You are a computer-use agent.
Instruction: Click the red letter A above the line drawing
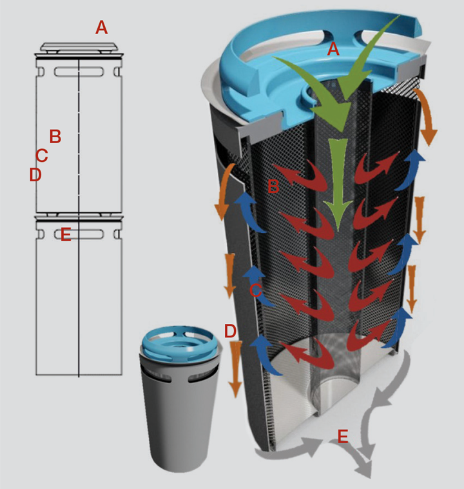[x=102, y=28]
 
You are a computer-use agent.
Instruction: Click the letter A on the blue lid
[x=333, y=49]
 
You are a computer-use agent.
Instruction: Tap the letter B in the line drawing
[x=55, y=136]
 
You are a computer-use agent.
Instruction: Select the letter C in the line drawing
[x=42, y=155]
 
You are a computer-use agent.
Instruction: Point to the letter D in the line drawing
[x=35, y=175]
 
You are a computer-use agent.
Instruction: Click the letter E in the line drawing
[x=66, y=235]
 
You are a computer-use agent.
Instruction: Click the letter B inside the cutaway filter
[x=273, y=186]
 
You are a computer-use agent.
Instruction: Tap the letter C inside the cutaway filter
[x=256, y=291]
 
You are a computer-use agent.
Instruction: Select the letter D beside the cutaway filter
[x=230, y=331]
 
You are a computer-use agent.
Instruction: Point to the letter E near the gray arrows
[x=343, y=436]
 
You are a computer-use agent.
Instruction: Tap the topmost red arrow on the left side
[x=299, y=175]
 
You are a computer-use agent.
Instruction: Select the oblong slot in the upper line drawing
[x=79, y=72]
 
